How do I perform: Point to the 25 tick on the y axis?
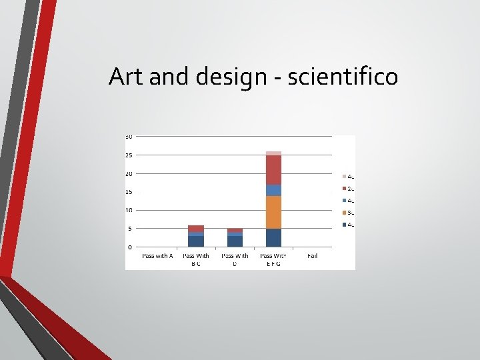pos(129,155)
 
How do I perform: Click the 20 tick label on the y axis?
pos(129,173)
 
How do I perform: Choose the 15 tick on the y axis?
pos(129,192)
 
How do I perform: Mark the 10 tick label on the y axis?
pos(129,210)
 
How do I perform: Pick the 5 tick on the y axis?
pos(130,229)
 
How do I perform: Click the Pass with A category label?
pos(157,255)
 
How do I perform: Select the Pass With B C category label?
pos(196,259)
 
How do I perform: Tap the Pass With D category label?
pos(235,259)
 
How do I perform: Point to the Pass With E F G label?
pos(273,259)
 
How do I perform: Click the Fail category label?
pos(313,255)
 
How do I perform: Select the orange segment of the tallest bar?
pos(273,212)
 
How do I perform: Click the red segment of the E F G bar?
pos(273,170)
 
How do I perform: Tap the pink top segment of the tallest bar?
pos(273,153)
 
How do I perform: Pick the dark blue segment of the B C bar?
pos(196,241)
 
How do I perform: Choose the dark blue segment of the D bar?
pos(235,241)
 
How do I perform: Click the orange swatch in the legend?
pos(344,213)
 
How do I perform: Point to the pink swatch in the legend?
pos(344,177)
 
